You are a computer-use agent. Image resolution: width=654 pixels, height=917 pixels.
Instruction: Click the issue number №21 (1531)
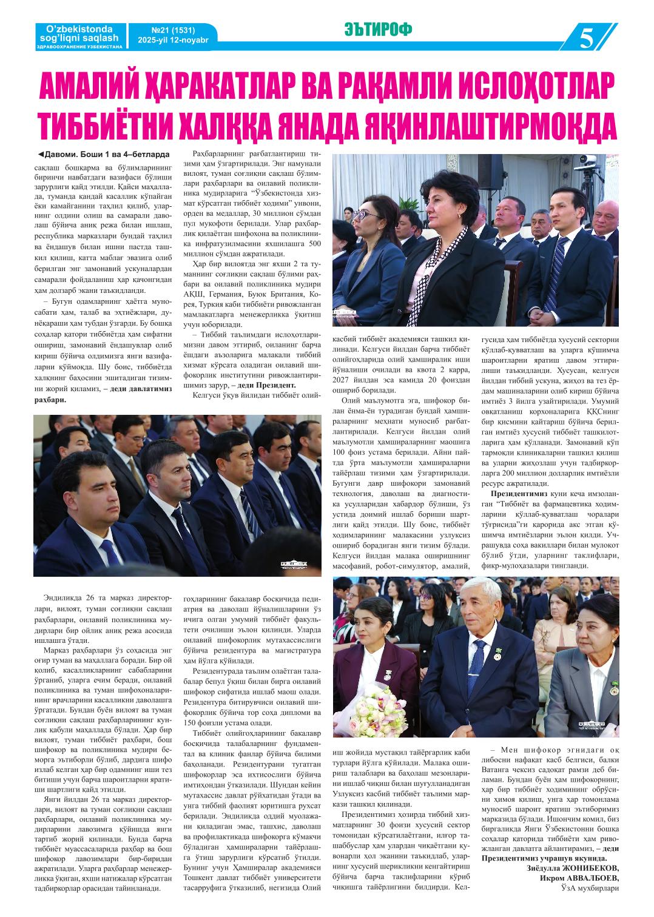tap(162, 30)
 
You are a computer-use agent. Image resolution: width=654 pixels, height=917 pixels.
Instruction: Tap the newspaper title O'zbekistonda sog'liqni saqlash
tap(78, 33)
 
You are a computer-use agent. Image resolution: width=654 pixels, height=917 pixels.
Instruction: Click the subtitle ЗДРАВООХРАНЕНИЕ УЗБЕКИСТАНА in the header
tap(79, 47)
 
